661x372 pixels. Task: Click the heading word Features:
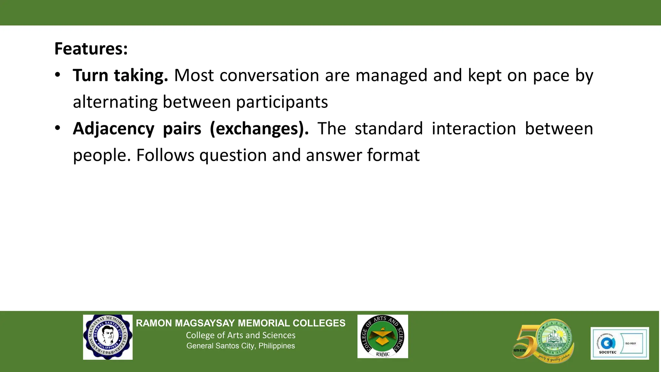pos(91,49)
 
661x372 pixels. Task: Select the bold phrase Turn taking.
pos(120,76)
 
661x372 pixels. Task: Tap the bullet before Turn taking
pos(57,75)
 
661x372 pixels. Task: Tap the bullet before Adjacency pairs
pos(57,128)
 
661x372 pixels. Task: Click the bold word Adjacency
pos(114,129)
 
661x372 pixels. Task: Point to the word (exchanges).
pos(259,129)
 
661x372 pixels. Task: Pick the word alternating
pos(115,102)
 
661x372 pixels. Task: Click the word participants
pos(282,102)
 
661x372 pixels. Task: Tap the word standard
pos(389,129)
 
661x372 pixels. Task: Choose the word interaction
pos(474,129)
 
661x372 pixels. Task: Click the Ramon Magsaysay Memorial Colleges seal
pos(108,337)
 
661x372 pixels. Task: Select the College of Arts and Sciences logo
pos(382,336)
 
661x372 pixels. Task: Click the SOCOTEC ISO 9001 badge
pos(619,343)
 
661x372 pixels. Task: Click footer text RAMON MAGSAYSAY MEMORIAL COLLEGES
pos(240,323)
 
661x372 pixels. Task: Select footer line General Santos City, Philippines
pos(240,346)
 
